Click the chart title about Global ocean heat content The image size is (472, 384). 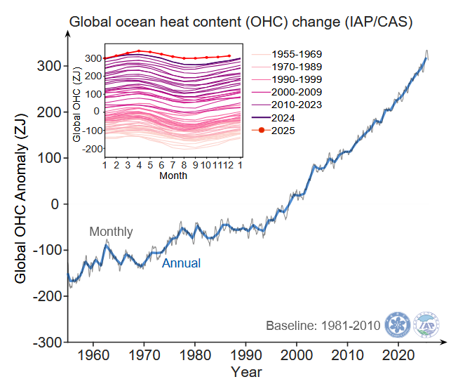tap(241, 22)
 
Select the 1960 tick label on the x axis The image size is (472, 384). tap(93, 355)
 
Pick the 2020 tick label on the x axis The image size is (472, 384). tap(399, 355)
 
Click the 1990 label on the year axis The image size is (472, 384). tap(246, 355)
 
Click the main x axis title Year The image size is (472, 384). tap(246, 371)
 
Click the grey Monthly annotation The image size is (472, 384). tap(111, 232)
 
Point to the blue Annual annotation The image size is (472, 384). tap(181, 263)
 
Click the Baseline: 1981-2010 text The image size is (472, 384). tap(323, 326)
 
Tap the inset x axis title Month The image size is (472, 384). tap(173, 176)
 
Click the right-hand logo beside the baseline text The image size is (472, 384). tap(427, 325)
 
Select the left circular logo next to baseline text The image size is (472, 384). tap(398, 325)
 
